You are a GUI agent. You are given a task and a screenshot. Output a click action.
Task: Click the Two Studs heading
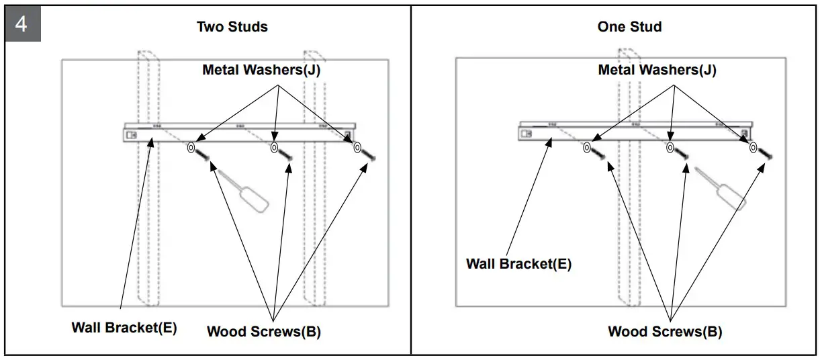coord(232,27)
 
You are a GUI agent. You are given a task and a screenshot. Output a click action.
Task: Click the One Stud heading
coord(629,27)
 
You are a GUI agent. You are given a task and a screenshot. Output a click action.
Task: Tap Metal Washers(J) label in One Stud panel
coord(657,70)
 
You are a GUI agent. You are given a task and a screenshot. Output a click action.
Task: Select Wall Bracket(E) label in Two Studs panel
coord(124,328)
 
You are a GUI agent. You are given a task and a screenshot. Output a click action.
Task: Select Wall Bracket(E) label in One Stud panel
coord(518,264)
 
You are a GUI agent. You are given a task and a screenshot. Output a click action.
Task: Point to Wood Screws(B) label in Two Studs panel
coord(264,331)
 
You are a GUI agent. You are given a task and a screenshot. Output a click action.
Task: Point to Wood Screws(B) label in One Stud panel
coord(665,331)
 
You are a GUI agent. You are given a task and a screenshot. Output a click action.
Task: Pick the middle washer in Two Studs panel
coord(274,147)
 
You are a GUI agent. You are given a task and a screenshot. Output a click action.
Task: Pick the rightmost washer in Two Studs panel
coord(357,146)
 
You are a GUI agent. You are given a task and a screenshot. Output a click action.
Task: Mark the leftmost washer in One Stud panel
coord(587,147)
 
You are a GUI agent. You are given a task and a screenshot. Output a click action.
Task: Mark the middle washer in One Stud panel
coord(670,147)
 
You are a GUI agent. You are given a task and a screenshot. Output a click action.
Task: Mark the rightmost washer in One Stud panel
coord(752,146)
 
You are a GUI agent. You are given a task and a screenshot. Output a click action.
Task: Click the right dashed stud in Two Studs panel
coord(314,222)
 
